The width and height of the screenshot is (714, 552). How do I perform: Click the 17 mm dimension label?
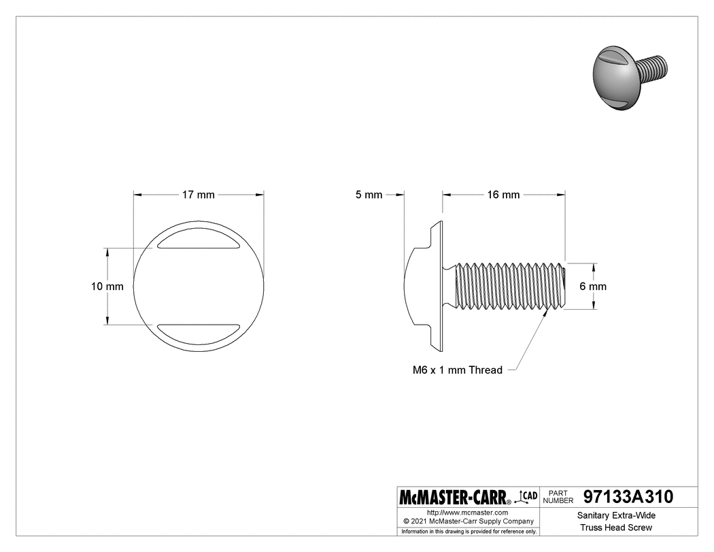[198, 195]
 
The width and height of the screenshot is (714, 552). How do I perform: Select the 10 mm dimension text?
[107, 287]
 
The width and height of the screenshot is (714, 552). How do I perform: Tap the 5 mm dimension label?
[369, 195]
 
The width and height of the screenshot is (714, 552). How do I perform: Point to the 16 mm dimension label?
[503, 195]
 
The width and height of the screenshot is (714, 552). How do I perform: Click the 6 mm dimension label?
[592, 287]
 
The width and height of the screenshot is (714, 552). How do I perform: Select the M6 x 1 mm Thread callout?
[458, 370]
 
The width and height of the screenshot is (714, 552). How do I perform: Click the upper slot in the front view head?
[198, 242]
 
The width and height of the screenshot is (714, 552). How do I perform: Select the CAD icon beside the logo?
[527, 496]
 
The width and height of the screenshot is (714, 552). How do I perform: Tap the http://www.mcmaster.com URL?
[468, 512]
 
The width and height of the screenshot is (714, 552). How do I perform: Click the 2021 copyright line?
[468, 521]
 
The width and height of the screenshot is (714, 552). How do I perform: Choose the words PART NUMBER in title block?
[560, 496]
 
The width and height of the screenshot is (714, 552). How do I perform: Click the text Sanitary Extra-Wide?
[616, 516]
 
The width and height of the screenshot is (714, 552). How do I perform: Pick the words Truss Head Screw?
[616, 528]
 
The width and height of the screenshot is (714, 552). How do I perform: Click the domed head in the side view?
[420, 287]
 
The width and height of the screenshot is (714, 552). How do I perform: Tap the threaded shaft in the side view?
[507, 287]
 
